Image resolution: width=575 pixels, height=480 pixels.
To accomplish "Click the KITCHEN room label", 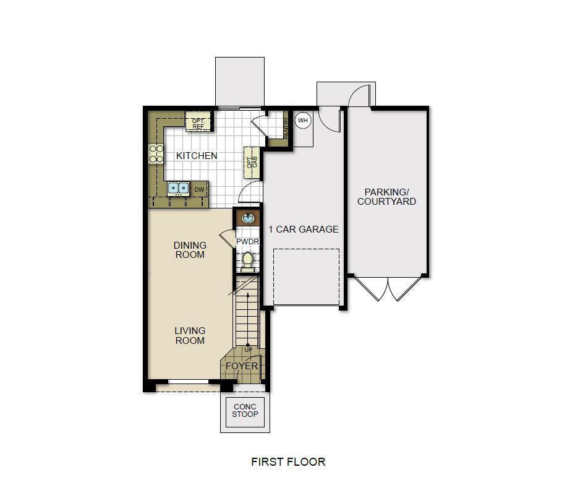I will click(x=197, y=156).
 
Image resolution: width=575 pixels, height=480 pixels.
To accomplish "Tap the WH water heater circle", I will click(x=303, y=120).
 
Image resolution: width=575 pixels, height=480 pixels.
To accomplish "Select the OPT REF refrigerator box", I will click(x=198, y=124).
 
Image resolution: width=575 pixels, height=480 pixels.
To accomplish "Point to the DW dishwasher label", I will click(x=199, y=189).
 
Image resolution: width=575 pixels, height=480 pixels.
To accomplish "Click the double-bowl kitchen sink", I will click(x=178, y=189).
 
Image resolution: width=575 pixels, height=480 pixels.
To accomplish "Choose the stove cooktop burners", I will click(x=155, y=154).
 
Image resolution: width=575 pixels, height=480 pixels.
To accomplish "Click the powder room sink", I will click(x=247, y=218).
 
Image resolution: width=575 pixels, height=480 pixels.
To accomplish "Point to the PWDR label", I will click(x=247, y=241).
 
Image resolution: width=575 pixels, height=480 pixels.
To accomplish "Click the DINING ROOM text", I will click(x=190, y=250).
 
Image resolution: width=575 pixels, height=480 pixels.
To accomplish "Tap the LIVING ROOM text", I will click(x=190, y=335).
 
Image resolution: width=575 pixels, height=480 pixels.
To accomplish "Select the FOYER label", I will click(x=241, y=366).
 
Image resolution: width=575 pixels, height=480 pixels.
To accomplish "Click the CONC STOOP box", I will click(x=245, y=411).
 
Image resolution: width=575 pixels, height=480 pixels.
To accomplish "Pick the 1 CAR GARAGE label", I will click(x=303, y=229).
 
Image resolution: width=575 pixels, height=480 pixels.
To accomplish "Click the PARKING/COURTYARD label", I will click(x=386, y=197).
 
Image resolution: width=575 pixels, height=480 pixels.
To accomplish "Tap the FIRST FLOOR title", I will click(x=287, y=461).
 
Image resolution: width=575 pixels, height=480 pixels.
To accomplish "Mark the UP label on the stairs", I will click(x=248, y=350).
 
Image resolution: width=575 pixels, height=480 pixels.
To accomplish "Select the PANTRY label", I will click(x=286, y=129).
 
